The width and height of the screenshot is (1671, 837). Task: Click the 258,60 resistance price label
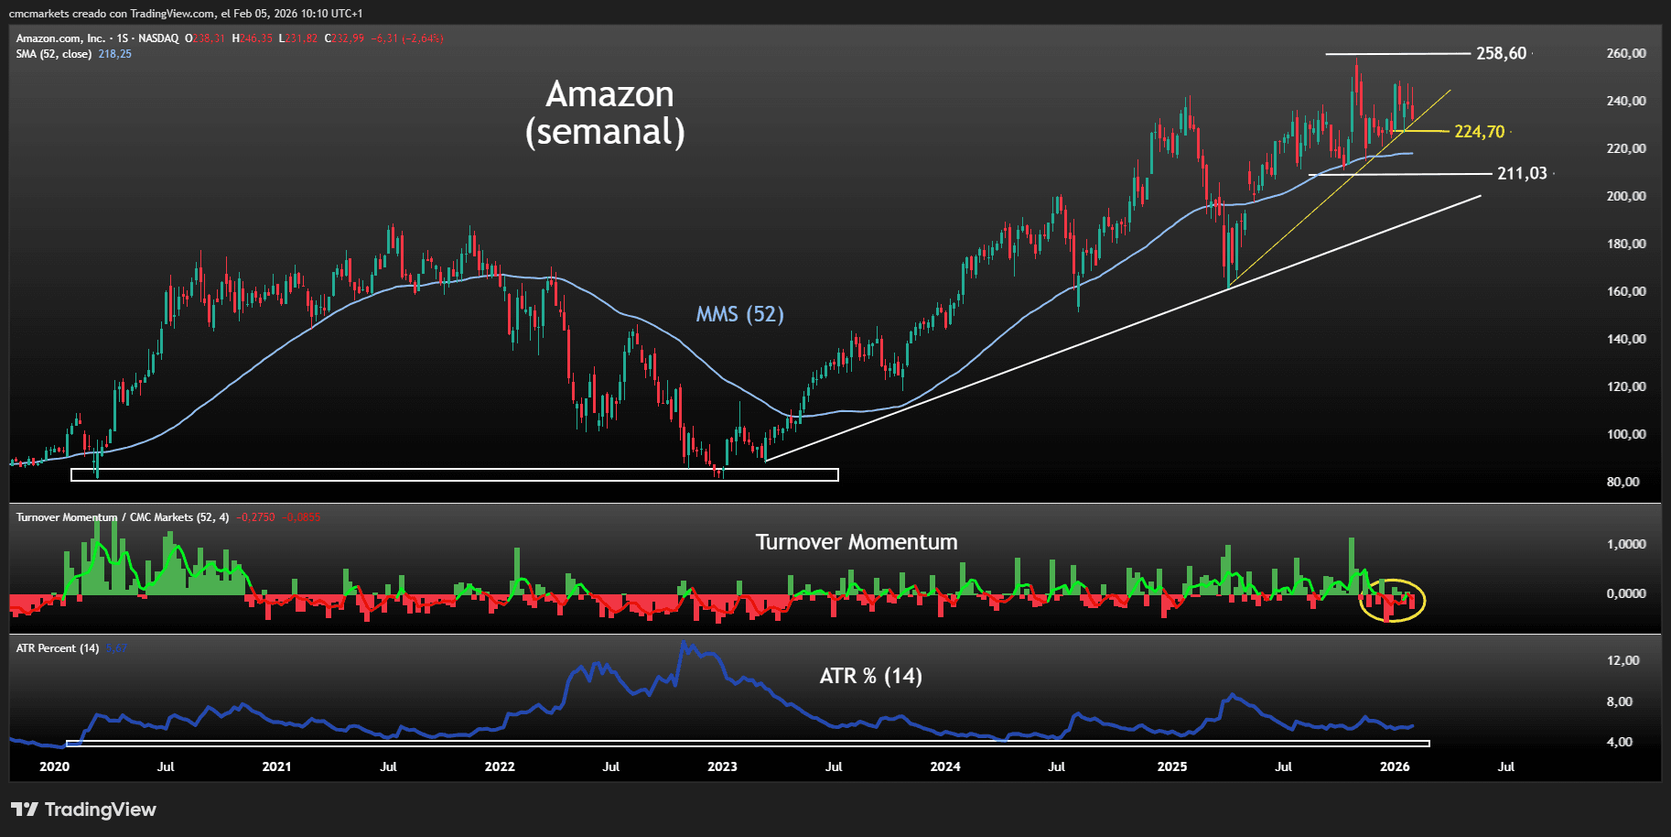click(1501, 53)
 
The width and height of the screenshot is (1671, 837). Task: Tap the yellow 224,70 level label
click(1479, 132)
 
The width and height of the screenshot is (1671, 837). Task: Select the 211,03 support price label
click(1521, 173)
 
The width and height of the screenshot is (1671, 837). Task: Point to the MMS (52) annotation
click(739, 315)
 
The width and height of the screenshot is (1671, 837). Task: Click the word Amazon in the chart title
click(609, 94)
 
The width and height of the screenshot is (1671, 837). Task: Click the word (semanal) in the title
click(605, 132)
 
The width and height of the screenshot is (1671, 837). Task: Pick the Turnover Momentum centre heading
click(856, 542)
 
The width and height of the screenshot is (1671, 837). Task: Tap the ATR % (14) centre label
click(870, 676)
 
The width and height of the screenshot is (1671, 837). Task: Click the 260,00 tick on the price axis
click(1626, 53)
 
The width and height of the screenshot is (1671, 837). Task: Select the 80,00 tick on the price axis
click(1622, 482)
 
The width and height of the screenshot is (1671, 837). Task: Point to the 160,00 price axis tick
click(1626, 291)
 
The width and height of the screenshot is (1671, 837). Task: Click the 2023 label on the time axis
click(722, 766)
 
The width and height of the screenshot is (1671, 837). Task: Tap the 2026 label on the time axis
click(1394, 766)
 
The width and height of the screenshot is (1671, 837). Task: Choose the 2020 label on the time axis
click(54, 766)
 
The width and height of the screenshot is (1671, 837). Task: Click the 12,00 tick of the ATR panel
click(1622, 660)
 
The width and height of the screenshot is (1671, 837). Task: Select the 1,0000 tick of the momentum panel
click(1626, 544)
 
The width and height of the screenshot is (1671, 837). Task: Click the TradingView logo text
click(100, 810)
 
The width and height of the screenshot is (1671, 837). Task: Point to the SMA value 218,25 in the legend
click(114, 54)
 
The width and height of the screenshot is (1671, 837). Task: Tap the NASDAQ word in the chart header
click(158, 38)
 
